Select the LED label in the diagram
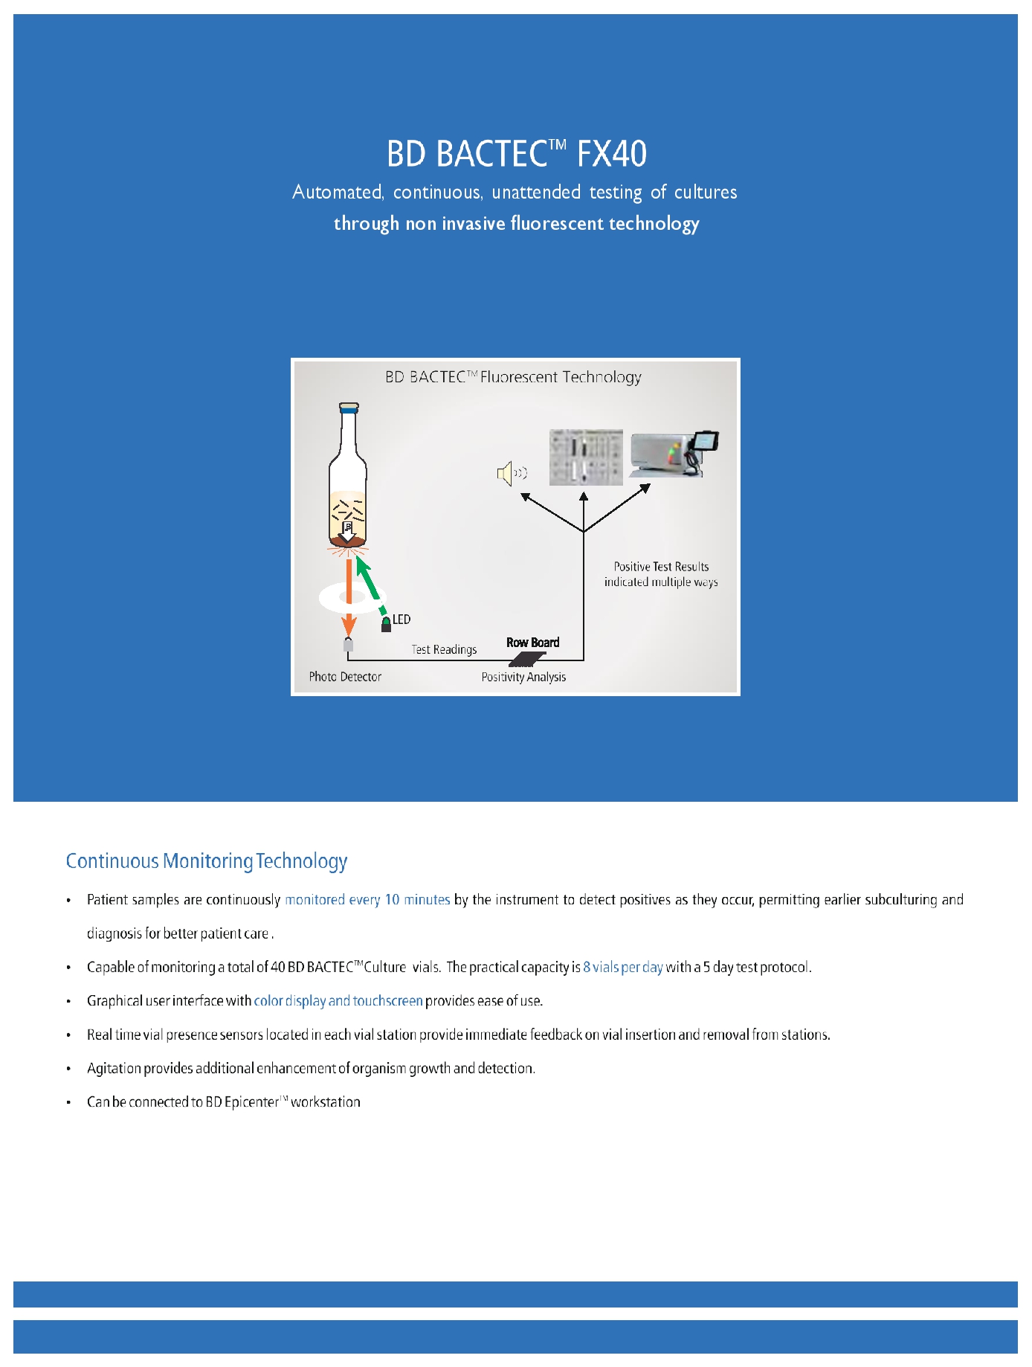click(401, 619)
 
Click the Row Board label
click(532, 643)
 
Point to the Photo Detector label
click(345, 677)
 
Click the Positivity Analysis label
click(523, 677)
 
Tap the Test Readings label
click(444, 649)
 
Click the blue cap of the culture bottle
click(349, 408)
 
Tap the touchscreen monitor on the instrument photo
click(704, 441)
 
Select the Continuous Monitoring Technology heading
click(207, 861)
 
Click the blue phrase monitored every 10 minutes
click(367, 900)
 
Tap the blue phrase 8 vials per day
click(622, 967)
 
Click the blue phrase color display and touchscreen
click(338, 1001)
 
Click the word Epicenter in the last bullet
click(251, 1102)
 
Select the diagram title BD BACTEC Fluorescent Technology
click(513, 377)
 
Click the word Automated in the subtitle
click(338, 193)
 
